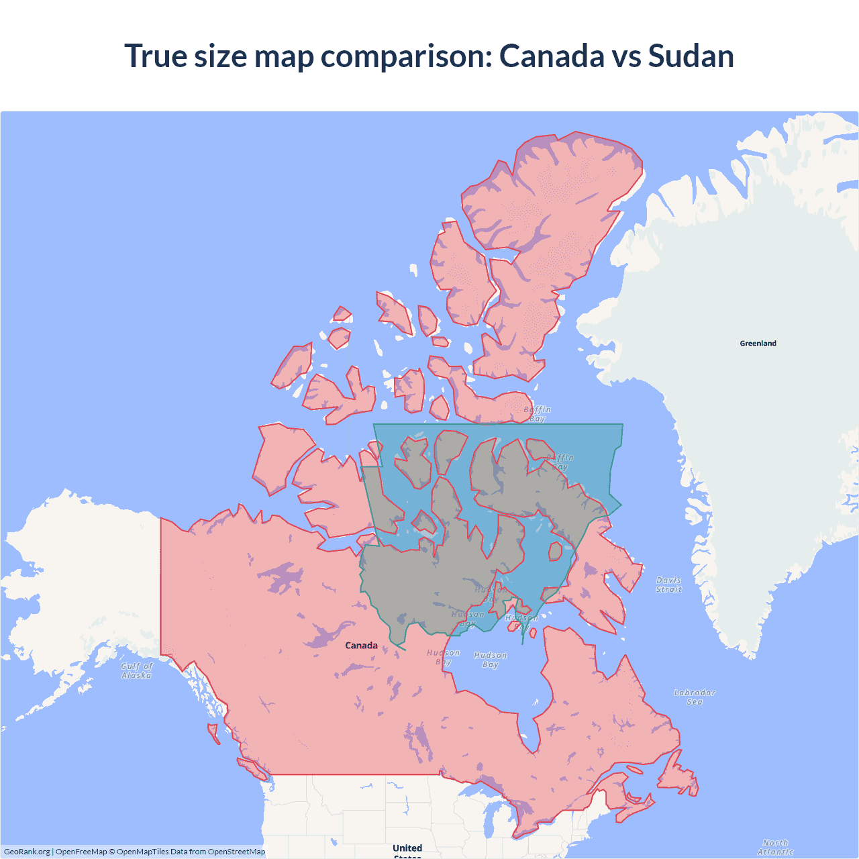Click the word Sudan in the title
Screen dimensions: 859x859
coord(691,56)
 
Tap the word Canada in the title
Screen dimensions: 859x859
coord(552,56)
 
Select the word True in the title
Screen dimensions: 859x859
coord(156,56)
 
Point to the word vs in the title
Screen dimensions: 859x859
coord(626,56)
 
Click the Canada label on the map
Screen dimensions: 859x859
coord(361,646)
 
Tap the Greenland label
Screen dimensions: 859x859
coord(758,344)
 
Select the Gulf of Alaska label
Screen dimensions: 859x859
coord(137,670)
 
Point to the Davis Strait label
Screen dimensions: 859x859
coord(668,585)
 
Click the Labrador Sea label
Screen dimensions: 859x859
coord(695,697)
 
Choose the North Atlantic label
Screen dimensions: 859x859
coord(775,847)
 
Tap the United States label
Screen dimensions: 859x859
coord(407,850)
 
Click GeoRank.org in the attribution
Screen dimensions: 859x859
coord(27,852)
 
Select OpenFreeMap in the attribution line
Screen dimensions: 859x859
coord(81,852)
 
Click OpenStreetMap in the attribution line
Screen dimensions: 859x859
coord(236,852)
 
